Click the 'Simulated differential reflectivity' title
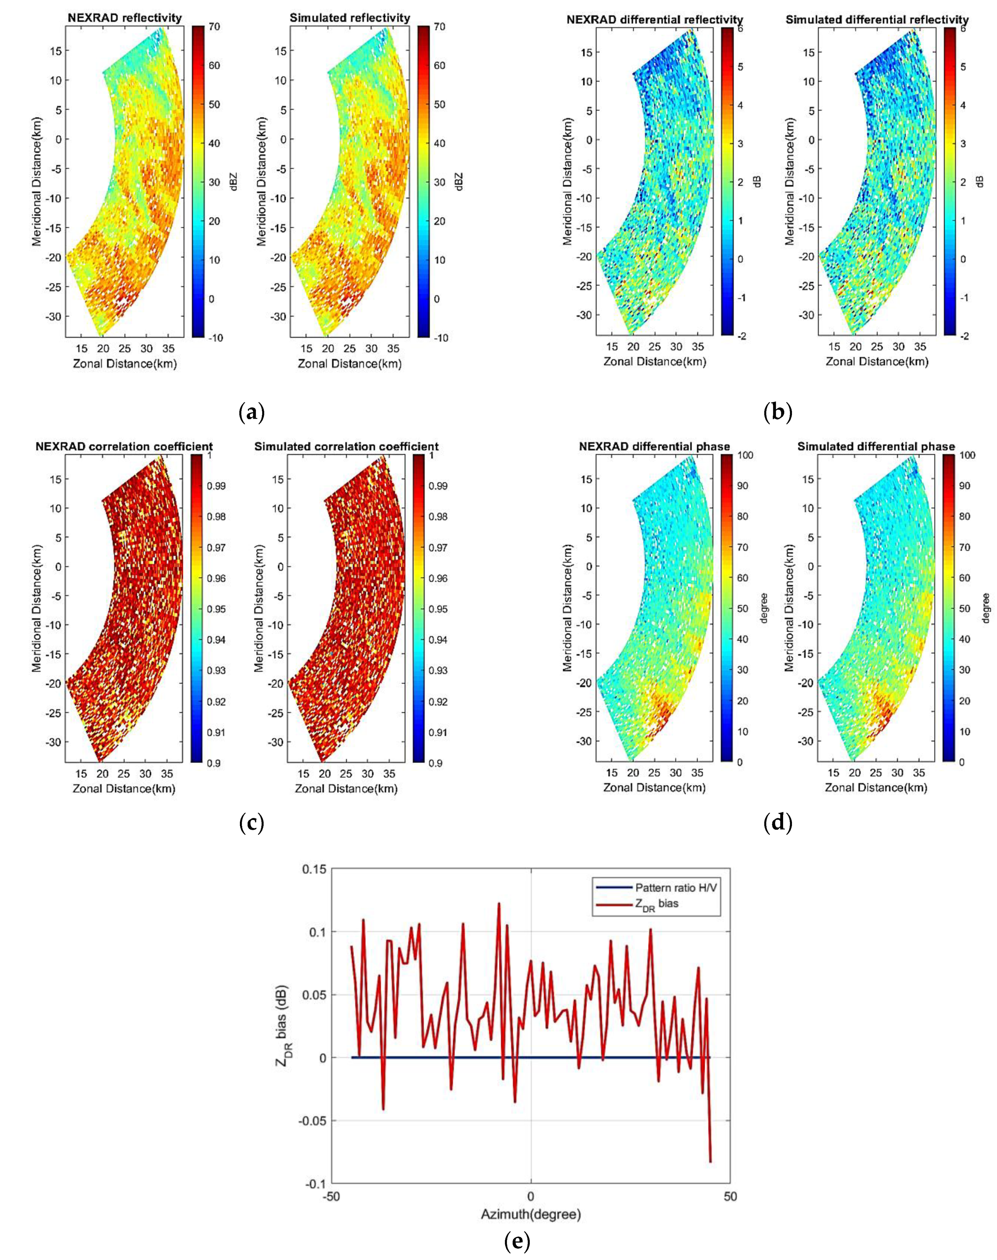tap(877, 19)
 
